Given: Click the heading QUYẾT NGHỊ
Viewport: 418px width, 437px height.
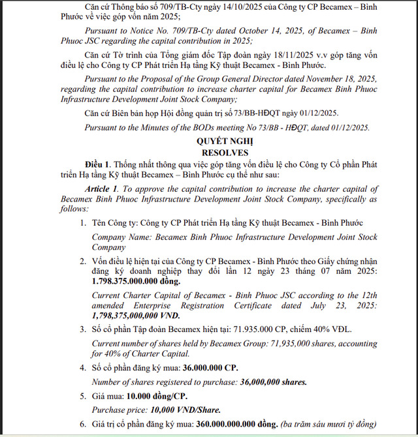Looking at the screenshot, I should coord(225,141).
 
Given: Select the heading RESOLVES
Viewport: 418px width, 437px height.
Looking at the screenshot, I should coord(225,151).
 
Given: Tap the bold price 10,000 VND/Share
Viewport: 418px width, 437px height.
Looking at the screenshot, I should coord(185,410).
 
